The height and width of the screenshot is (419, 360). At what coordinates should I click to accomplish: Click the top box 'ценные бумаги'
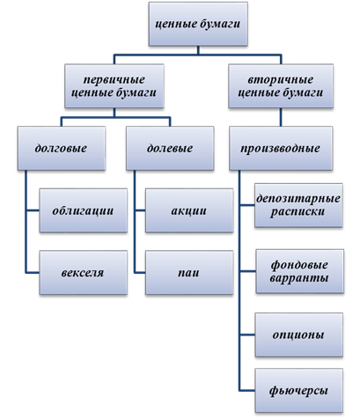point(198,24)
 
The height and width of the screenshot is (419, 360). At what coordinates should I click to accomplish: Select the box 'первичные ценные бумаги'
point(114,86)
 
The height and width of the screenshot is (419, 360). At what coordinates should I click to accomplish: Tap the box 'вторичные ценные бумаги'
point(281,86)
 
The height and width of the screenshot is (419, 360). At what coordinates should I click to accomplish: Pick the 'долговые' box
point(62,148)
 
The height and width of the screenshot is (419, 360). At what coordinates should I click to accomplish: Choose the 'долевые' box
point(170,148)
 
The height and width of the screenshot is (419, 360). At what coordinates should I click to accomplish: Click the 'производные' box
point(281,148)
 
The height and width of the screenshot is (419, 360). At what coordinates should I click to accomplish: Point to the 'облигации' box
point(84,210)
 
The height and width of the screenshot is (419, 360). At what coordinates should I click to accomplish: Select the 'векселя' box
point(84,273)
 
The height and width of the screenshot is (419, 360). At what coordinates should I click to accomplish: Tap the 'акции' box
point(189,210)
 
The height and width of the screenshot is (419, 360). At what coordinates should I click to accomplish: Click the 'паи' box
point(189,273)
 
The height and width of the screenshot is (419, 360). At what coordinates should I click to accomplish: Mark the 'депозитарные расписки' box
point(298,205)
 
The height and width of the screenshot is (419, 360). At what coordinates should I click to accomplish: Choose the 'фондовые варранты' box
point(299,271)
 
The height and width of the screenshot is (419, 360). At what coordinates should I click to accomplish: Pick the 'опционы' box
point(299,334)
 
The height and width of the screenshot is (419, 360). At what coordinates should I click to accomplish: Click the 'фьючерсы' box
point(299,391)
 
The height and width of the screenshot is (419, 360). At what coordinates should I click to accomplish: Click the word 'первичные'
point(114,79)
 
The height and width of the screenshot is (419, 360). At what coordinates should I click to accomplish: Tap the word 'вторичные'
point(281,79)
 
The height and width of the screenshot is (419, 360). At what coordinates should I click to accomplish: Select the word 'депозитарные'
point(298,199)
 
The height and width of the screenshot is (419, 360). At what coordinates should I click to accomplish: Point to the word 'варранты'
point(299,277)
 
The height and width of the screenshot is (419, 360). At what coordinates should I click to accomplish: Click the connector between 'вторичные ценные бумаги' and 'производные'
point(281,117)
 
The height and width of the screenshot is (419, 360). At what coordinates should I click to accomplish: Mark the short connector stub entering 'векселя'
point(33,273)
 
